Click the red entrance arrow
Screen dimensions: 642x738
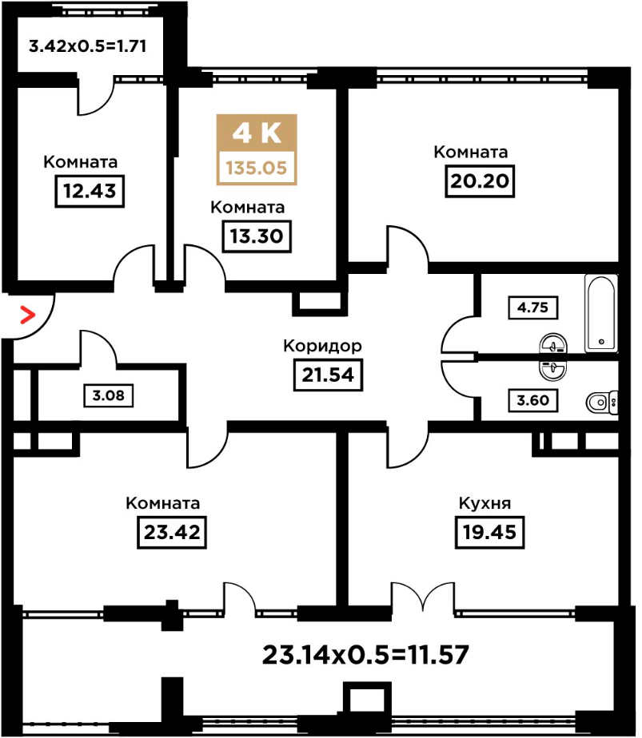28,315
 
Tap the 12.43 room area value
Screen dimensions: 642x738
90,191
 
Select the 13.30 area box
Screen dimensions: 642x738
257,236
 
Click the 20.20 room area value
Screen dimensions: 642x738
480,181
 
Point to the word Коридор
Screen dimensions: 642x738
323,346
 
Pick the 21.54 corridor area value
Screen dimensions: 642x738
328,375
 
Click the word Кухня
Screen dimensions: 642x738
484,503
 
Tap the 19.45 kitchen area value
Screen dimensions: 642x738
490,532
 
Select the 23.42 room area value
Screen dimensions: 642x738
172,532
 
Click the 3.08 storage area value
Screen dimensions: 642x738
109,395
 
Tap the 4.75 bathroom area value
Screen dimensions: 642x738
532,307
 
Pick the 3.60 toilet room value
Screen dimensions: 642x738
532,400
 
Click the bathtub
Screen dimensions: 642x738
601,313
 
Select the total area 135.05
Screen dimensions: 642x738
257,168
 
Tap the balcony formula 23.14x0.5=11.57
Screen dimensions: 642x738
365,655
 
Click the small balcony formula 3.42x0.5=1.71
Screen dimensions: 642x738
88,46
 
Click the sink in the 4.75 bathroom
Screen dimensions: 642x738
553,344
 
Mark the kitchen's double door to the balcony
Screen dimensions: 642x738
423,597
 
